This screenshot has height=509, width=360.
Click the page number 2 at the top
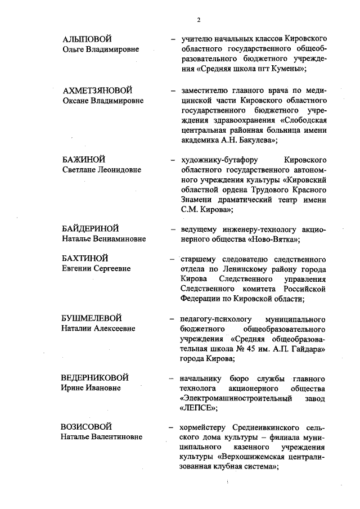(199, 20)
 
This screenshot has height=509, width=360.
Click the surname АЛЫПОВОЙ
(87, 39)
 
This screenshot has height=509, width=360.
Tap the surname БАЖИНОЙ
(84, 160)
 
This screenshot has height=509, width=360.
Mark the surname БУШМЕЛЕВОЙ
(92, 318)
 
